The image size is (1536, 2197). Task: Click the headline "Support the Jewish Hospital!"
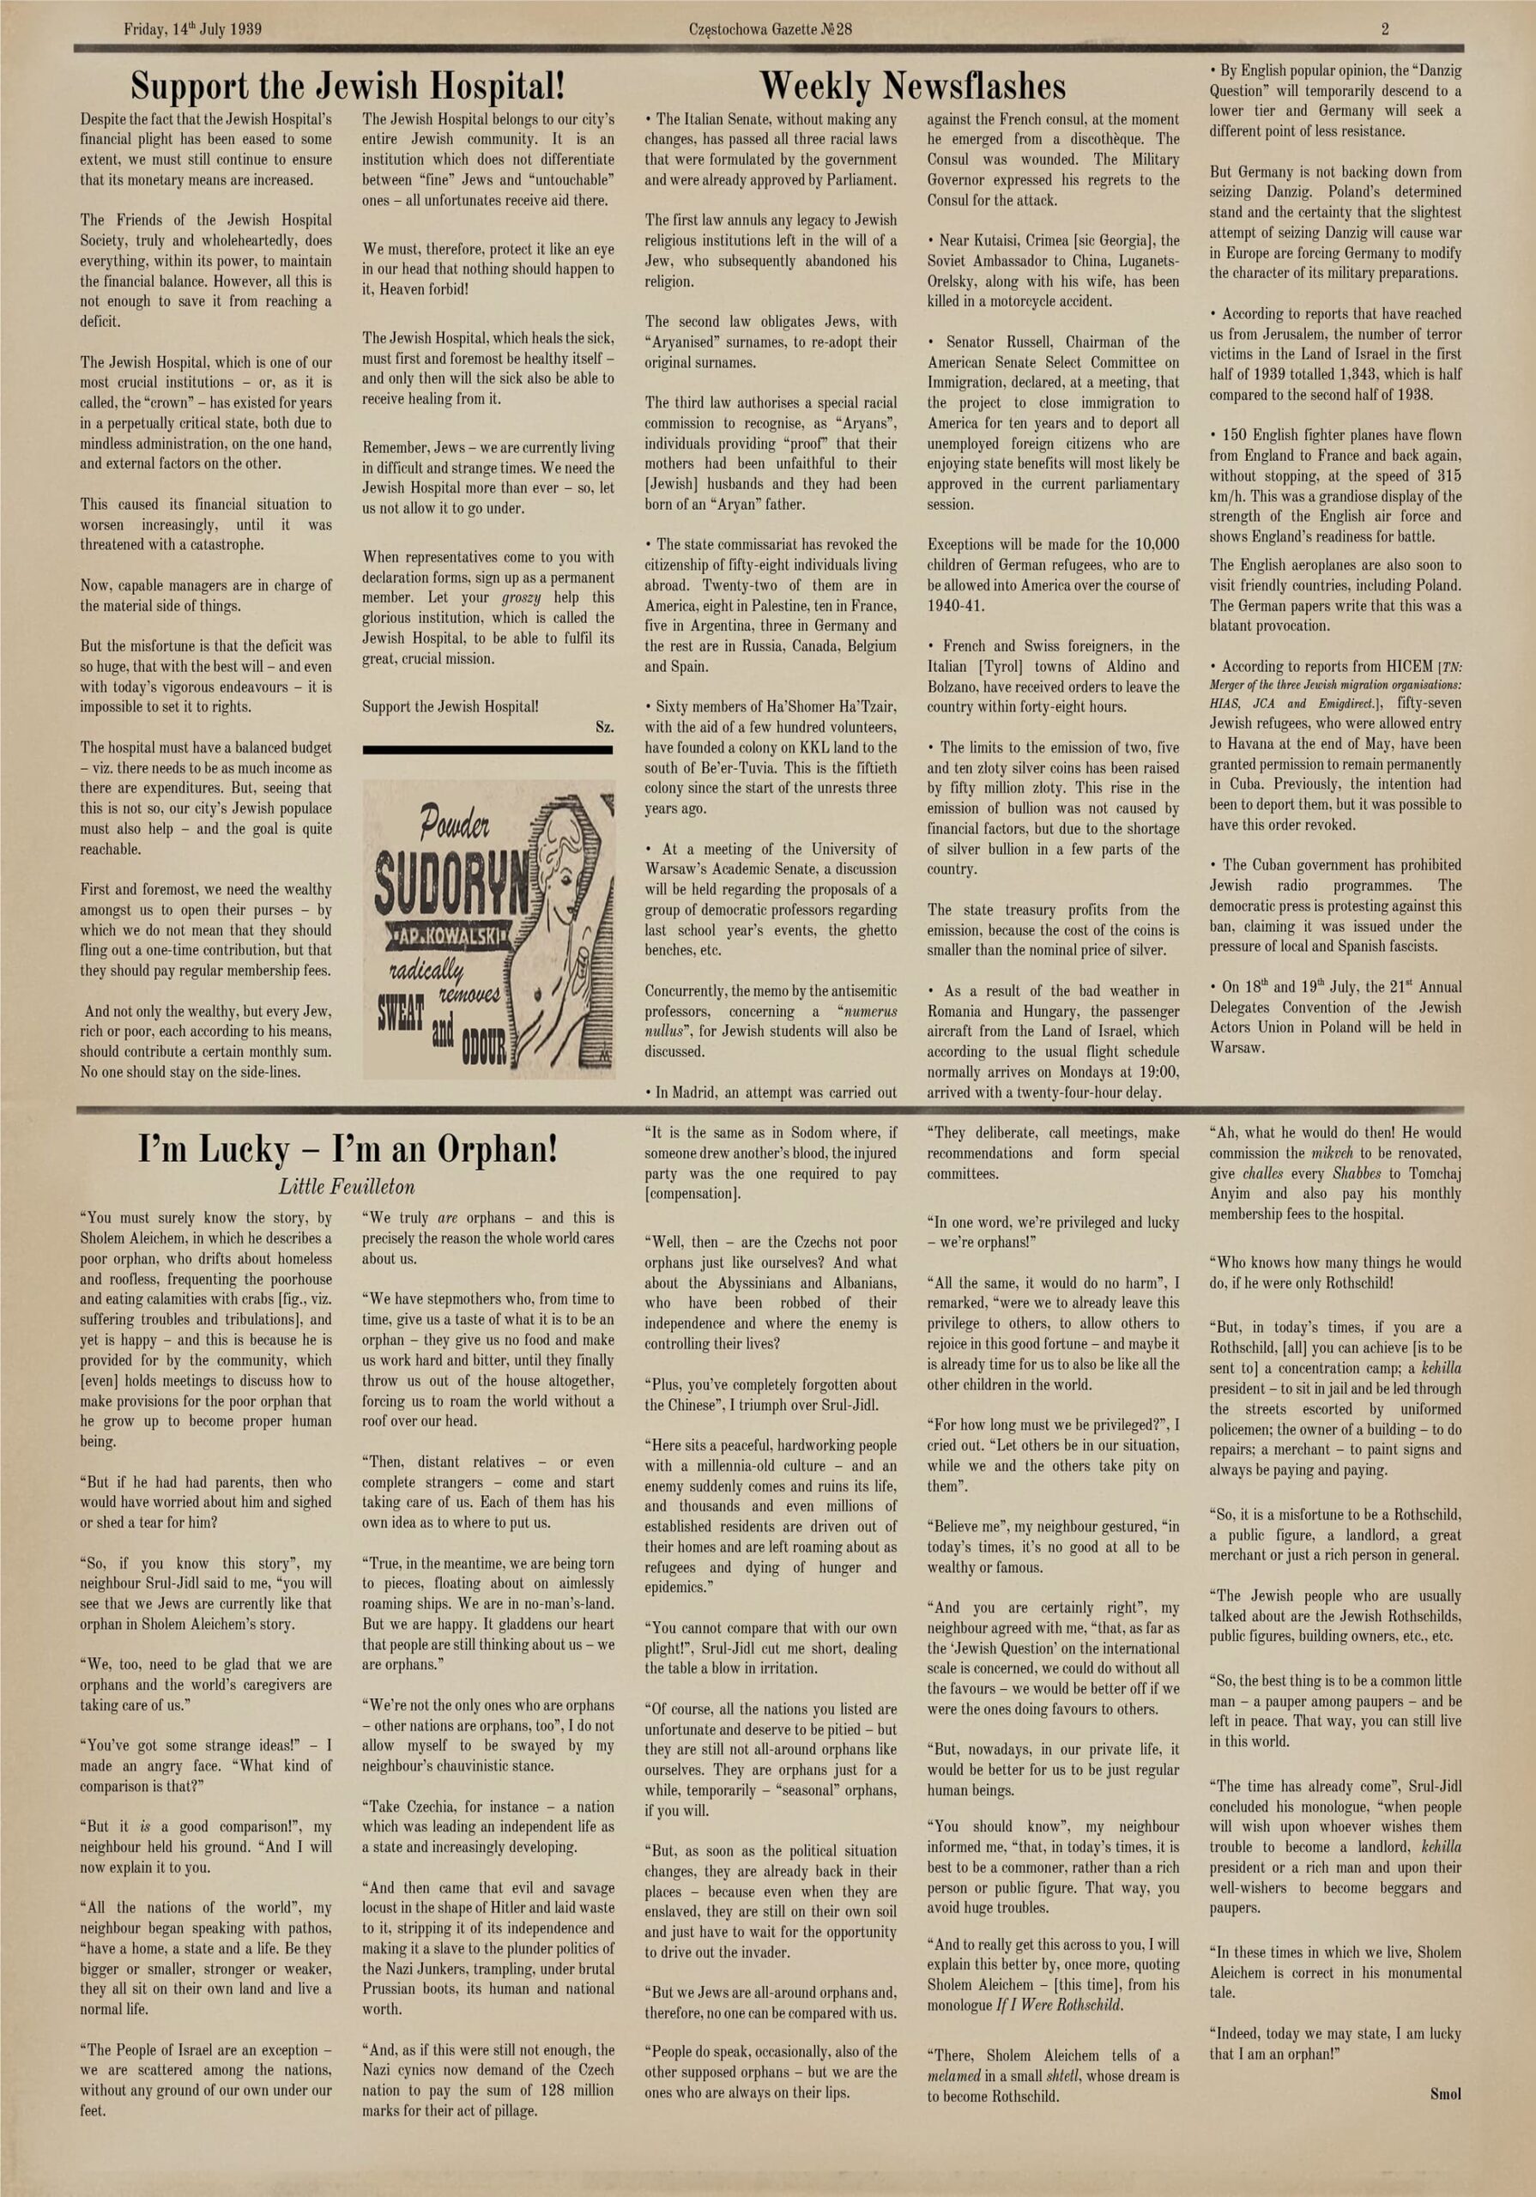(x=348, y=87)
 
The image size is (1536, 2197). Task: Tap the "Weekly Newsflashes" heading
(x=912, y=87)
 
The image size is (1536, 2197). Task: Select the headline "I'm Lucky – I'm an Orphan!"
(x=348, y=1148)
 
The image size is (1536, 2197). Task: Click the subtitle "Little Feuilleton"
(x=347, y=1188)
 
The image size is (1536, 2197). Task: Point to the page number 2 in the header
(x=1385, y=28)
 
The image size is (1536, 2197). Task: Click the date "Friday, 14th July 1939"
(x=192, y=28)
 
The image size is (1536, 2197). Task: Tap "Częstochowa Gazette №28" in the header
(x=770, y=28)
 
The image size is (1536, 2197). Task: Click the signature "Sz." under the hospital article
(x=604, y=727)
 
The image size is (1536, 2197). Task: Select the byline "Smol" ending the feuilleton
(x=1445, y=2094)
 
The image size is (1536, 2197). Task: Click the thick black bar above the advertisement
(x=487, y=750)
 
